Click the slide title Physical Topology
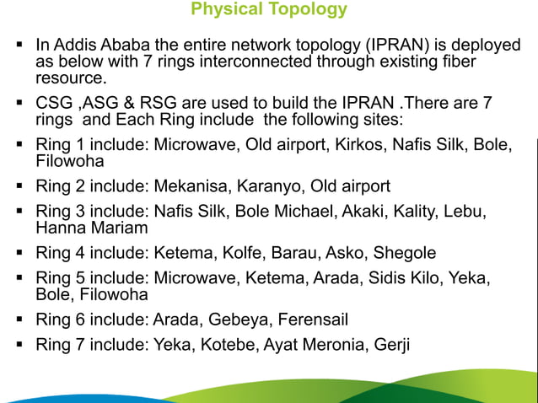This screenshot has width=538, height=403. (x=269, y=10)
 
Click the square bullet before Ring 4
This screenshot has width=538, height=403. (x=18, y=252)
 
